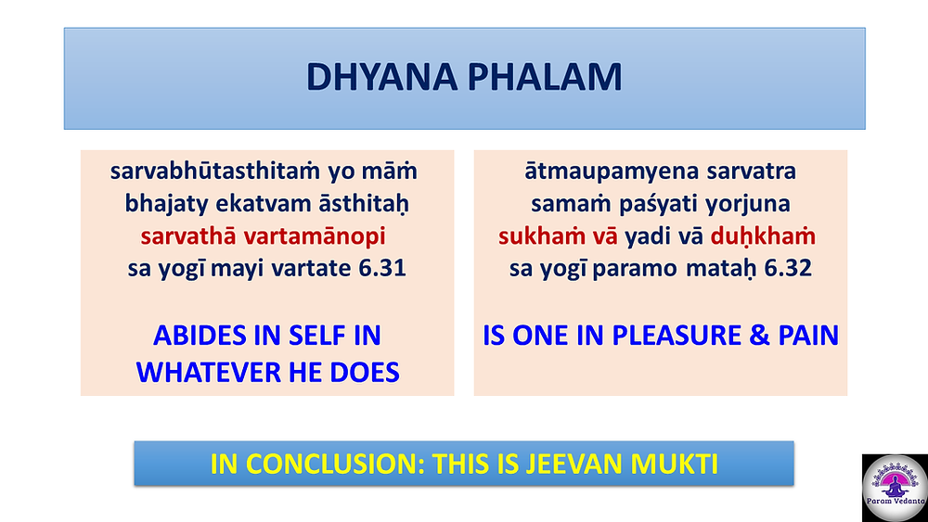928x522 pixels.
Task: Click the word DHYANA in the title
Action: (381, 78)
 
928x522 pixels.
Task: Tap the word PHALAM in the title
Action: (545, 78)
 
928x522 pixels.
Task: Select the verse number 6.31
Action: (382, 268)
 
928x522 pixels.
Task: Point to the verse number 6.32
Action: (788, 268)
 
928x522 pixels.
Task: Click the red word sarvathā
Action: (188, 236)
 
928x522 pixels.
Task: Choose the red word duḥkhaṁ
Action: (763, 236)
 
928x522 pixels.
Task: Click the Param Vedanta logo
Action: (895, 488)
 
